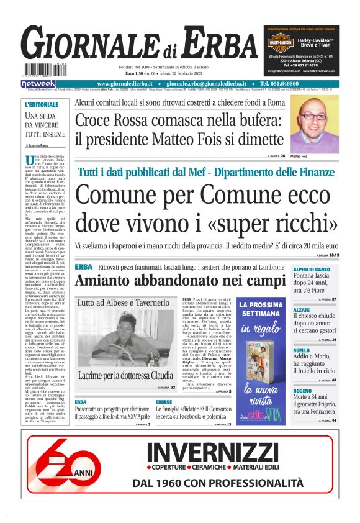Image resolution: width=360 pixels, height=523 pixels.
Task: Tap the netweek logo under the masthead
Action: (x=38, y=83)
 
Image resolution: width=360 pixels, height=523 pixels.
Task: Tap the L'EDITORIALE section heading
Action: (x=41, y=104)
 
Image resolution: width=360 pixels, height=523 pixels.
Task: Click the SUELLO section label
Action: (x=302, y=350)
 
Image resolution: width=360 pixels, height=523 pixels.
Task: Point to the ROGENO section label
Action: (x=303, y=391)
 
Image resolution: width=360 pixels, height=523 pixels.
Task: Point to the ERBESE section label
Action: (x=164, y=402)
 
